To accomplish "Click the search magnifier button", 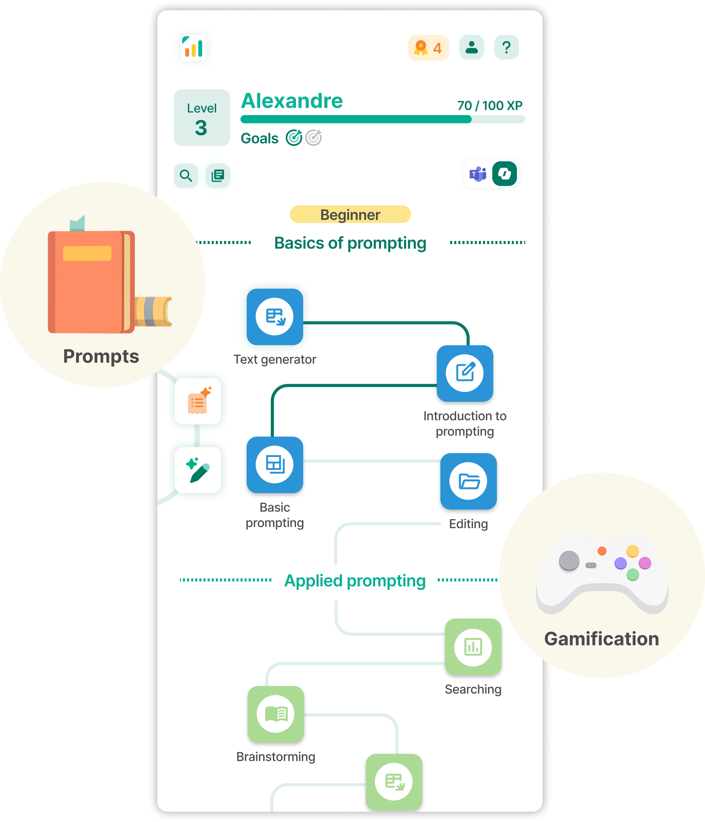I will pos(186,175).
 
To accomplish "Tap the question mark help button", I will pos(506,48).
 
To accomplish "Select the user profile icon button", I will pos(471,48).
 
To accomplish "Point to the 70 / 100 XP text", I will pos(490,106).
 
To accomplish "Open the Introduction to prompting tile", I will pos(465,373).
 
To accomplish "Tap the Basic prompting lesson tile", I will pos(275,464).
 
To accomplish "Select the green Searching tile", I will pos(473,647).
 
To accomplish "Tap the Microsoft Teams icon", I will pos(478,174).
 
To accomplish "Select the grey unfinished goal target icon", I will pos(313,138).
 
